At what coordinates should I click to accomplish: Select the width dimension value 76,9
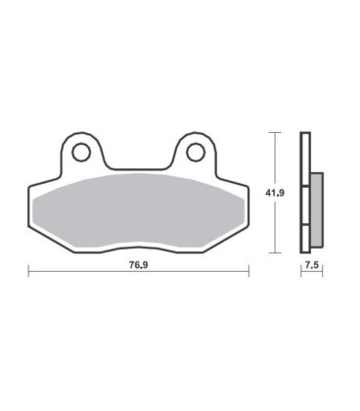click(x=139, y=264)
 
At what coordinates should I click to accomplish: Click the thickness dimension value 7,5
click(x=312, y=265)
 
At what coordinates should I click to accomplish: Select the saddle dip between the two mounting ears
click(x=139, y=165)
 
